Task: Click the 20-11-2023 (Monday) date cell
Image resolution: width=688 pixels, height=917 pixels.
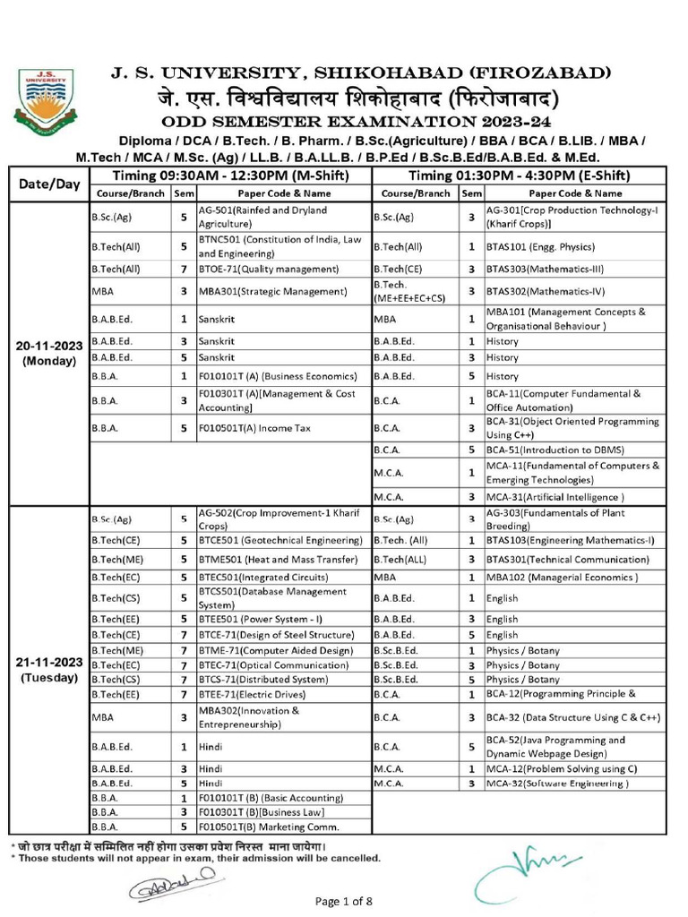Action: [49, 353]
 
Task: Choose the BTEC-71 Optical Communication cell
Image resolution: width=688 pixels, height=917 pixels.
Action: [273, 665]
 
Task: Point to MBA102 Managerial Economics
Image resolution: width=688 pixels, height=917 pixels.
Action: [562, 578]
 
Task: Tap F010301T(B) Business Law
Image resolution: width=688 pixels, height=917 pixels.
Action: [248, 812]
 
